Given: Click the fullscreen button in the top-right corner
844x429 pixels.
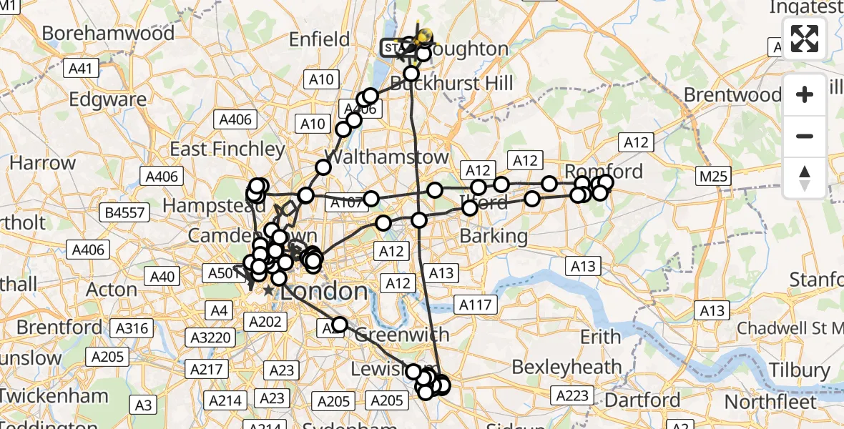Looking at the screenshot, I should tap(805, 38).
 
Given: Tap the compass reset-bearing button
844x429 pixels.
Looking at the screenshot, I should tap(805, 178).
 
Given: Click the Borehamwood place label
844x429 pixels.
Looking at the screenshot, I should tap(108, 33).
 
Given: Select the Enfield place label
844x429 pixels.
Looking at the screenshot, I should tap(320, 39).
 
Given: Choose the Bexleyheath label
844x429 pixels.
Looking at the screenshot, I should tap(567, 367).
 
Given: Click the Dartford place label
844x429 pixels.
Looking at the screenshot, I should tap(642, 399).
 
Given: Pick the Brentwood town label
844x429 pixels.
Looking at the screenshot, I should tap(732, 94).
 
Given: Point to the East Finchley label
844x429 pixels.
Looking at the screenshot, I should tap(227, 149).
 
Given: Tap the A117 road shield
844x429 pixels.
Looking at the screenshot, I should tap(475, 305).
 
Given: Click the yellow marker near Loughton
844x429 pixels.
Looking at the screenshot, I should tap(425, 35).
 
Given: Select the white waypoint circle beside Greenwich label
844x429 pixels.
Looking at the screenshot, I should tap(339, 325).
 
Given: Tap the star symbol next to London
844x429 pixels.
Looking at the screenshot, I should tap(268, 291).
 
